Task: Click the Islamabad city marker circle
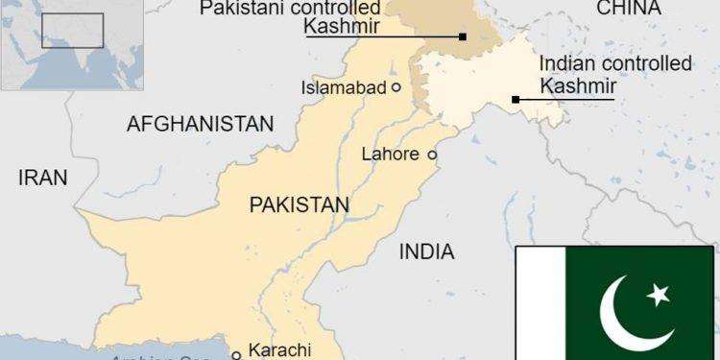point(396,87)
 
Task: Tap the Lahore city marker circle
point(432,154)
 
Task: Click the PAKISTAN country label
point(299,204)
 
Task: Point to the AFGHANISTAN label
point(200,124)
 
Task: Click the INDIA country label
point(426,252)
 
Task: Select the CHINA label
point(630,9)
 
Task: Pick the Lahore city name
point(390,154)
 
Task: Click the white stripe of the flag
point(535,302)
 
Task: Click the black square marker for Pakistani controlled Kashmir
point(463,37)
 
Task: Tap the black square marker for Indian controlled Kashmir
point(516,99)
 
